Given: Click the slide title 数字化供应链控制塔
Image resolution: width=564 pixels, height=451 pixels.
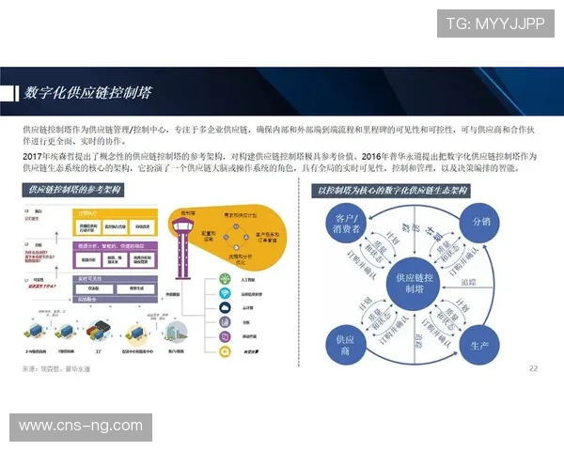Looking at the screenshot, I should pos(89,93).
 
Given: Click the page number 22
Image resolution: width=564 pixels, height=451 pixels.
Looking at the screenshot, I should pos(534,367).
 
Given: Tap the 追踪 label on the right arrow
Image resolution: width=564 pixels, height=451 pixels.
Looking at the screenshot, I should pos(468,282).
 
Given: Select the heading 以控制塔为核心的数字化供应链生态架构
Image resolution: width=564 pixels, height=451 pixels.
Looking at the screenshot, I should pos(393,191).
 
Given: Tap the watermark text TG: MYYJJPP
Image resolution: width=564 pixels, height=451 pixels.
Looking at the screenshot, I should pos(494,23).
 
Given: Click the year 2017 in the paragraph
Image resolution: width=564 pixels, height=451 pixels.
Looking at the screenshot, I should pos(34,154).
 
